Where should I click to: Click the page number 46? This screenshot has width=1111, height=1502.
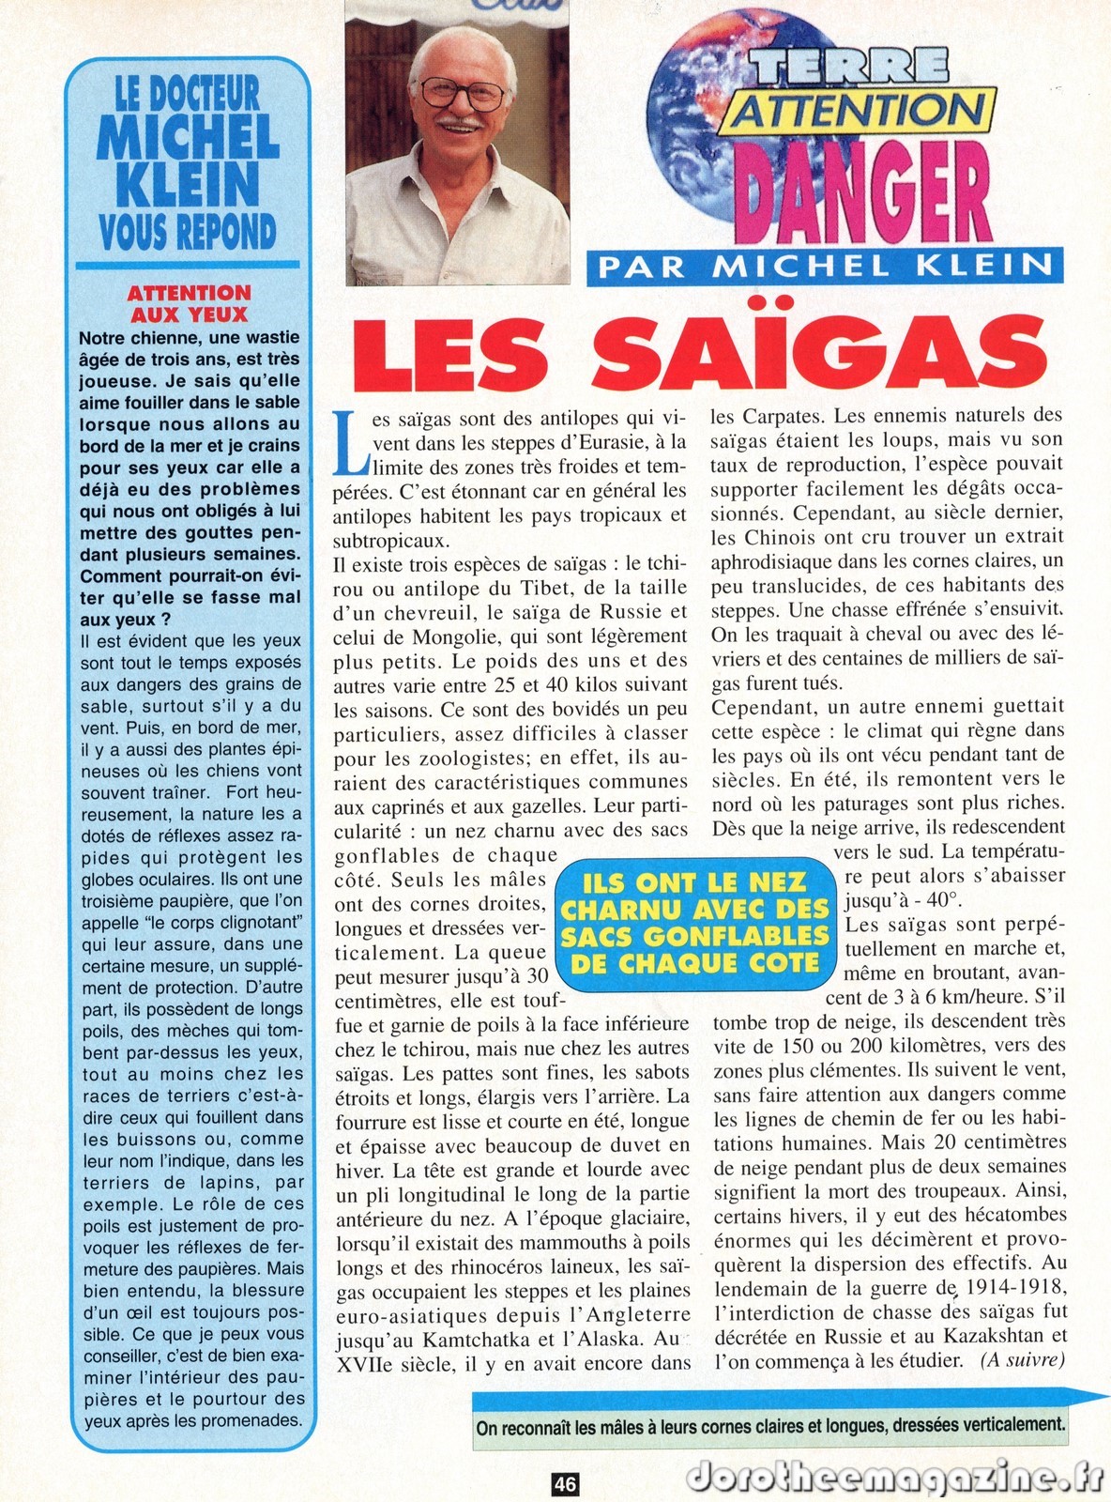pyautogui.click(x=564, y=1484)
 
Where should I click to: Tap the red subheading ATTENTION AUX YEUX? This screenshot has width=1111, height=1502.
pyautogui.click(x=189, y=303)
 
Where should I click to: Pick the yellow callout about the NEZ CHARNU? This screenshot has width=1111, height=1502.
pyautogui.click(x=694, y=922)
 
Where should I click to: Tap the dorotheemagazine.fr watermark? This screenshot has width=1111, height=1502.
pyautogui.click(x=895, y=1478)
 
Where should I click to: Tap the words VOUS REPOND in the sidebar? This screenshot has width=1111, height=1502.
pyautogui.click(x=189, y=230)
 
